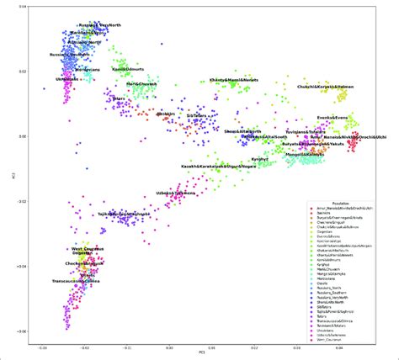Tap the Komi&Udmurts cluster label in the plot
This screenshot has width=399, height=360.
click(130, 70)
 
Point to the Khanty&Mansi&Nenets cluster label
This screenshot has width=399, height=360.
click(232, 82)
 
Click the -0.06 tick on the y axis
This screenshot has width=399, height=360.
click(22, 332)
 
